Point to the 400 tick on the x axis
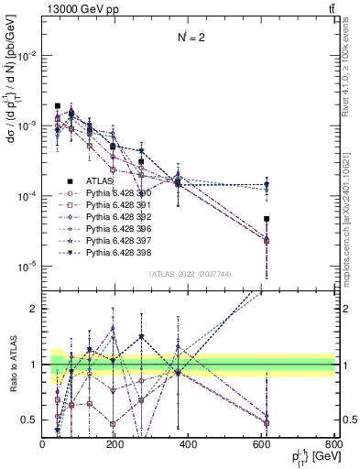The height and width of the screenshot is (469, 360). pyautogui.click(x=189, y=444)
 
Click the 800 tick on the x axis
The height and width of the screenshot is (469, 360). pyautogui.click(x=334, y=444)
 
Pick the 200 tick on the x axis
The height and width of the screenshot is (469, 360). pyautogui.click(x=115, y=444)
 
